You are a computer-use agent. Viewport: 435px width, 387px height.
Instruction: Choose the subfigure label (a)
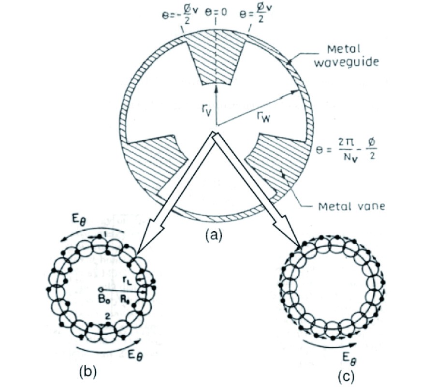pos(213,236)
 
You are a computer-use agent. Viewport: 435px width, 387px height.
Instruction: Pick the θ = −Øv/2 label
pos(178,13)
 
